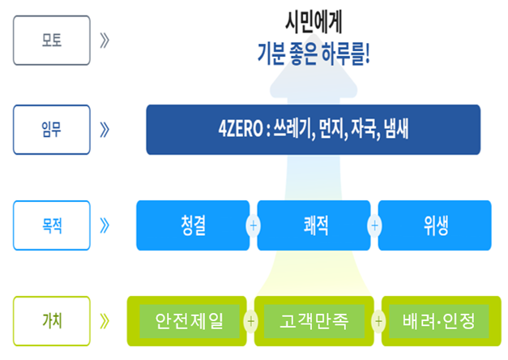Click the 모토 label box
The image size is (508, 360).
point(52,41)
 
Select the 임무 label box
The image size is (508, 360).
point(52,130)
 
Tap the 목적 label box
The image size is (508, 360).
point(52,225)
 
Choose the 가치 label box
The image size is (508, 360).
point(52,321)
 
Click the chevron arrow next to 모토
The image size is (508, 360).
point(105,41)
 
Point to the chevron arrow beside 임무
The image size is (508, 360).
point(105,130)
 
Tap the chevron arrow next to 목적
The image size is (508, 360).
point(105,225)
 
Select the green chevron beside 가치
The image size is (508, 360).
point(105,321)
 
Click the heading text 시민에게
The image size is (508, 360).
point(314,22)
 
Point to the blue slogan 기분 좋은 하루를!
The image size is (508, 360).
point(314,54)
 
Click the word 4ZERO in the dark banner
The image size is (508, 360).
point(241,129)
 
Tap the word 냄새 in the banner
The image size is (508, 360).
point(396,129)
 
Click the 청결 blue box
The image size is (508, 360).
point(193,225)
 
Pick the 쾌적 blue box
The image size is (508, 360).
point(314,225)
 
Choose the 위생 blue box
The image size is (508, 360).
point(435,225)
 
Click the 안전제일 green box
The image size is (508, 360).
point(186,321)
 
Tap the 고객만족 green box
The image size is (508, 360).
point(314,321)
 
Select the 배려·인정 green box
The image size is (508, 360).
point(442,321)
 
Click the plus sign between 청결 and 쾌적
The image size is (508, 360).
point(254,225)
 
